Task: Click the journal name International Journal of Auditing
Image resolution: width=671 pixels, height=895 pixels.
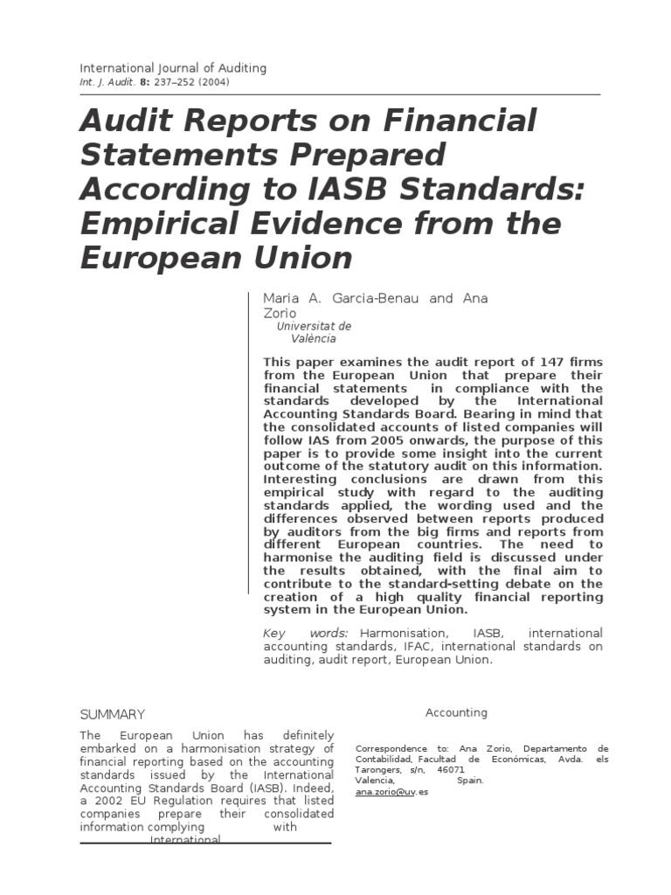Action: pyautogui.click(x=173, y=67)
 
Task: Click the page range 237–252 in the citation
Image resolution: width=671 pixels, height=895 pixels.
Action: pyautogui.click(x=172, y=82)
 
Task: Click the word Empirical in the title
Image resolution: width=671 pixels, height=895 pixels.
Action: pyautogui.click(x=156, y=224)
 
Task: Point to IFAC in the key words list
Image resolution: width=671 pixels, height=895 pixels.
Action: pyautogui.click(x=417, y=646)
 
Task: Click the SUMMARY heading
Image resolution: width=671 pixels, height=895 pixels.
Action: pyautogui.click(x=112, y=714)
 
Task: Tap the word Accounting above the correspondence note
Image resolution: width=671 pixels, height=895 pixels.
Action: pyautogui.click(x=456, y=712)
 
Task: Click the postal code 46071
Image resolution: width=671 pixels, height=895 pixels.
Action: pyautogui.click(x=451, y=770)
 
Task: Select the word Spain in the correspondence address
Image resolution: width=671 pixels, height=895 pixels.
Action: pyautogui.click(x=469, y=781)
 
